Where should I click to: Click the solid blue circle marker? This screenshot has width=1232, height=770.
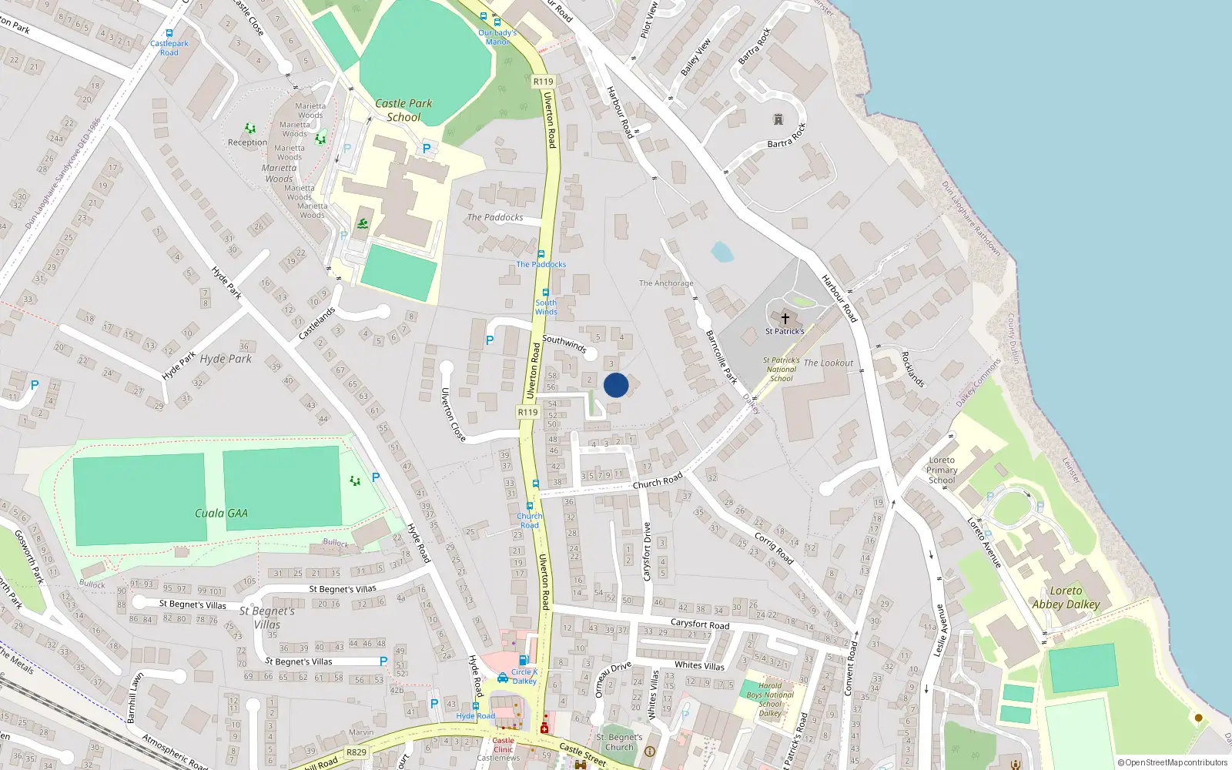(x=616, y=385)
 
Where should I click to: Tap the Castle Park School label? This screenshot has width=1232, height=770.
(x=403, y=110)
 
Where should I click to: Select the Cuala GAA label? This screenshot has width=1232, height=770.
(x=221, y=513)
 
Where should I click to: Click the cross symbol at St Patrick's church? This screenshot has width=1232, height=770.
(x=785, y=318)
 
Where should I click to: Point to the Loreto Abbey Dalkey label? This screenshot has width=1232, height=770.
(x=1066, y=598)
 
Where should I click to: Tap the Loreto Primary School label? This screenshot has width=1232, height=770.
(x=942, y=470)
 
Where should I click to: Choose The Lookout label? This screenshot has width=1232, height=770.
(x=829, y=363)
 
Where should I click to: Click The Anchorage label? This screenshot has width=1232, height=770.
(x=666, y=283)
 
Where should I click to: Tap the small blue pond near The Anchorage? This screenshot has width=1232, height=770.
(x=721, y=251)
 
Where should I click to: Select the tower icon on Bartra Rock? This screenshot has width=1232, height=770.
(x=778, y=119)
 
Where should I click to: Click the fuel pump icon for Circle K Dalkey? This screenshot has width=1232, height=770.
(x=524, y=660)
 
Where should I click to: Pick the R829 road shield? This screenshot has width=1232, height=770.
(x=357, y=752)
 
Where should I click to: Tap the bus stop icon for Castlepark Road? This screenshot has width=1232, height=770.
(x=169, y=33)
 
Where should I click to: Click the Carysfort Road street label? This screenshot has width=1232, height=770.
(x=699, y=624)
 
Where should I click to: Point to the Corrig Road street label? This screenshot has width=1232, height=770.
(x=773, y=547)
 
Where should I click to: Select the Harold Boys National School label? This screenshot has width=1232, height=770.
(x=770, y=699)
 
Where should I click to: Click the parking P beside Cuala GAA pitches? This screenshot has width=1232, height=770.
(x=376, y=477)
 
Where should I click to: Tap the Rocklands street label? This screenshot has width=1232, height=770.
(x=912, y=369)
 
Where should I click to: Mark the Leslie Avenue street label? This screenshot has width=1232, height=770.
(x=940, y=630)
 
